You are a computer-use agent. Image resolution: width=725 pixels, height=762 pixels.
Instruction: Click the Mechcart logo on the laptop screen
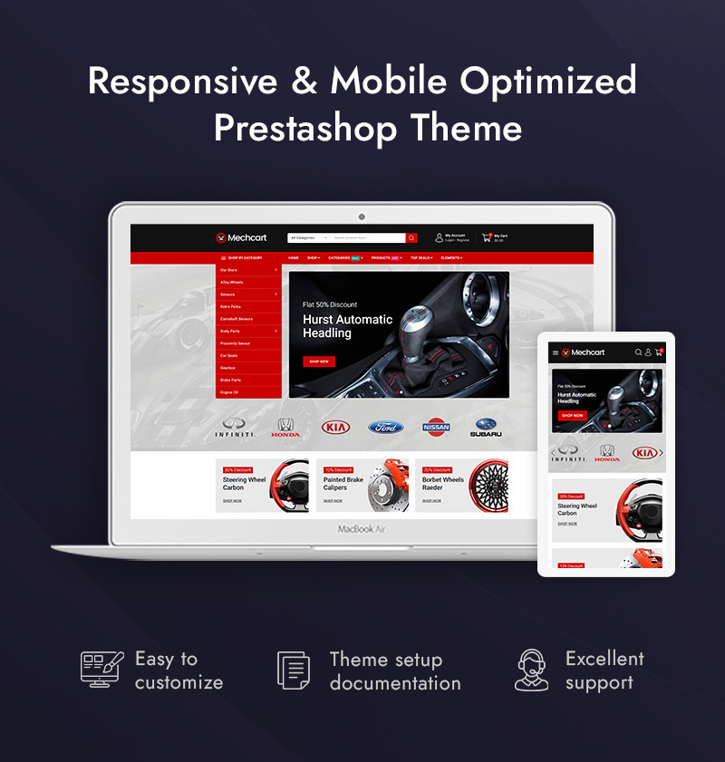(241, 238)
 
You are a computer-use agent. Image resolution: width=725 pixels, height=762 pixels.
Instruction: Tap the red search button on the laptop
(411, 238)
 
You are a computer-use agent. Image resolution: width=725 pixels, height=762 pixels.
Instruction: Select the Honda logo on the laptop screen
(285, 427)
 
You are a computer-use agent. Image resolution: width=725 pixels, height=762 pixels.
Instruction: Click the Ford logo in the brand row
(385, 427)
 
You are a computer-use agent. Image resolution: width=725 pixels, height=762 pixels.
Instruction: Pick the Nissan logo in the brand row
(436, 427)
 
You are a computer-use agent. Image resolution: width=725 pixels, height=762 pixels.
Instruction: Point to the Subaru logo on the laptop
(487, 427)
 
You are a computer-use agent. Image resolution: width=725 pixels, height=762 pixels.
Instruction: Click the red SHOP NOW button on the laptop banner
(319, 362)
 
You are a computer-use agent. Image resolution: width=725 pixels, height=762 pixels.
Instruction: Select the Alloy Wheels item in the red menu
(232, 282)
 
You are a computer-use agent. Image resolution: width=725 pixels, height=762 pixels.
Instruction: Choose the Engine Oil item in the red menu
(229, 392)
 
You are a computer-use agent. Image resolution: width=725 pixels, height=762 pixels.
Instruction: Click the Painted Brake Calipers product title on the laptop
(343, 484)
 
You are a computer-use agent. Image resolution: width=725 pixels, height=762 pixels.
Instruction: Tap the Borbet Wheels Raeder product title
(442, 484)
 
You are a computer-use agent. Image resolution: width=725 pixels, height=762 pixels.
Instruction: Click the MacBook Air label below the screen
(362, 528)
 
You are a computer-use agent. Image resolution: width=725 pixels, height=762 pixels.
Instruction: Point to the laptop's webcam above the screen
(362, 217)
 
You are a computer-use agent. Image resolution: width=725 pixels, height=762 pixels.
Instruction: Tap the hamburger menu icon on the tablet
(556, 352)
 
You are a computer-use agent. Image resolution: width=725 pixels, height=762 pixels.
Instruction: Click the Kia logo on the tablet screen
(644, 452)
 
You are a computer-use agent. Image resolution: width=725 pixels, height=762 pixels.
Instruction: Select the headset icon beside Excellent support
(532, 670)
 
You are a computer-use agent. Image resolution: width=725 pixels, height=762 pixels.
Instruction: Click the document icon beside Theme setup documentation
(294, 670)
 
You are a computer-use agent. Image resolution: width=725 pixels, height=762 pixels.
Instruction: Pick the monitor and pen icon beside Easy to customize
(101, 669)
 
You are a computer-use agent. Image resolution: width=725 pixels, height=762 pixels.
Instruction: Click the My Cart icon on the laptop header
(487, 237)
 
